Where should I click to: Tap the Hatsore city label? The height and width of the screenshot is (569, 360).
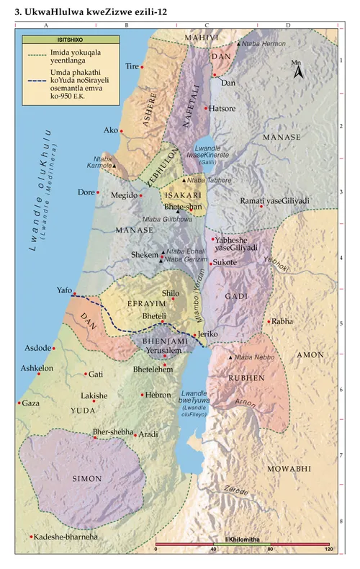pos(222,109)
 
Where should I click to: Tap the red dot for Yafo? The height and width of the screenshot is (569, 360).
pos(73,292)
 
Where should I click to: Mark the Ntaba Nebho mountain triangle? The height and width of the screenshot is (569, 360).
pos(230,358)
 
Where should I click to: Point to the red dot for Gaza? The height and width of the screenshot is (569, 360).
pos(19,403)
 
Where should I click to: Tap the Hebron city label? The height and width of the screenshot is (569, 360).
pos(159,395)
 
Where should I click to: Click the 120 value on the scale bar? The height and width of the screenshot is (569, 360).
pos(328,550)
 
